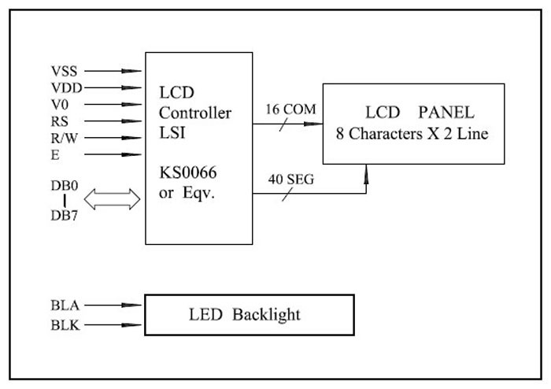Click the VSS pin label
[x=64, y=71]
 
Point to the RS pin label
[x=58, y=121]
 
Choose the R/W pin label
[x=62, y=138]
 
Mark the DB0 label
[x=65, y=187]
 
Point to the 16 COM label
[x=290, y=109]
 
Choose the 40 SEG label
[x=290, y=180]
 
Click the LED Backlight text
[x=245, y=315]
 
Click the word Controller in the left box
[x=195, y=113]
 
